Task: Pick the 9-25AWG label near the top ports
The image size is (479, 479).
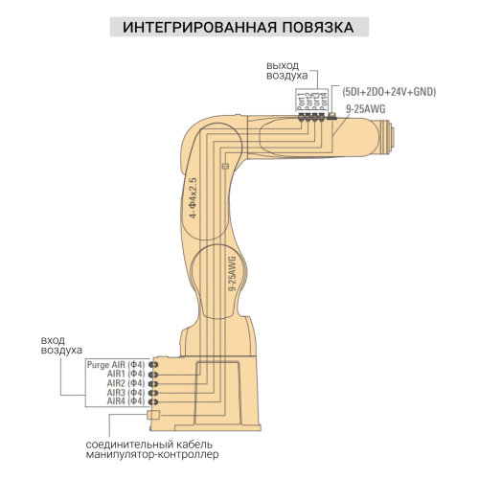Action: [x=365, y=108]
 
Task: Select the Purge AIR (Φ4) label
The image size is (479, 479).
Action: [x=115, y=365]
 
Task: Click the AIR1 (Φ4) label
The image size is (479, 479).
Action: [x=125, y=375]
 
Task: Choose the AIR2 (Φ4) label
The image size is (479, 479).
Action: [x=125, y=383]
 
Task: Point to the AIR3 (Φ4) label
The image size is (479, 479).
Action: [x=125, y=393]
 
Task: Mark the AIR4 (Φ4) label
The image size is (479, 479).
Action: [x=125, y=401]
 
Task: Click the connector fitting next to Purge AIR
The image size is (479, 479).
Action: [x=152, y=365]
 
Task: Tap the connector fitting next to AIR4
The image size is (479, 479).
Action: [x=152, y=401]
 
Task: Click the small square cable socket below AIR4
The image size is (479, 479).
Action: [x=152, y=415]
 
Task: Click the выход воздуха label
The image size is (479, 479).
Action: [x=286, y=69]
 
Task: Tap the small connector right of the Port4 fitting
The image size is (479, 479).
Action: [x=332, y=114]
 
